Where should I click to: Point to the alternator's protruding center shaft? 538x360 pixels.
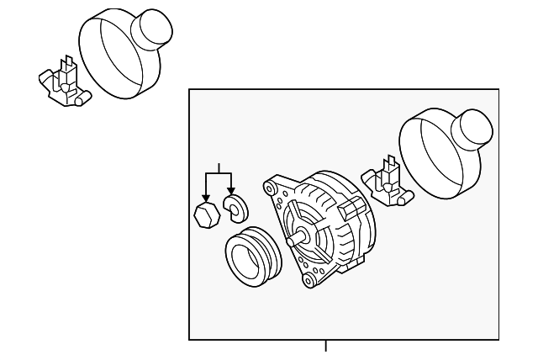click(x=294, y=241)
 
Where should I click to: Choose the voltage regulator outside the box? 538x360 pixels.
click(x=63, y=82)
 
